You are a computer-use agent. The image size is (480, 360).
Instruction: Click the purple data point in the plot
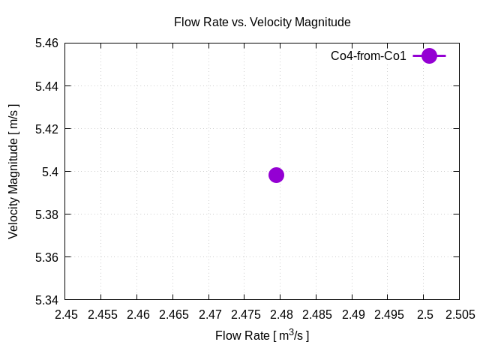pos(276,175)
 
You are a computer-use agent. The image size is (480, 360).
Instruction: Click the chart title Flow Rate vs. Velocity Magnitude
pos(262,22)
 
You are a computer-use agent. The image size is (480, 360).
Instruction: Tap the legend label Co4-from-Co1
pos(368,56)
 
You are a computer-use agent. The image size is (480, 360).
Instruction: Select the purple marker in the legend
pos(429,55)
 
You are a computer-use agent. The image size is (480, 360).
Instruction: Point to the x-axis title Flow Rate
pos(262,335)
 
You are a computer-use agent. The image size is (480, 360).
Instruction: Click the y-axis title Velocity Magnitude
pos(13,172)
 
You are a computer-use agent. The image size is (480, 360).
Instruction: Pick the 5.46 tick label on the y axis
pos(47,43)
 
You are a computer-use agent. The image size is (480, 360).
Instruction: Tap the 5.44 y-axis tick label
pos(47,86)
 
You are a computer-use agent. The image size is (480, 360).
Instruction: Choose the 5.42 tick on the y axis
pos(47,129)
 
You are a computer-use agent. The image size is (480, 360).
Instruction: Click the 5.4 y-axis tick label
pos(51,172)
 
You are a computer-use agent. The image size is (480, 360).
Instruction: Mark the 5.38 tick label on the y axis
pos(47,214)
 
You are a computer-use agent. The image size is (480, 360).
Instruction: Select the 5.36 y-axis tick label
pos(47,257)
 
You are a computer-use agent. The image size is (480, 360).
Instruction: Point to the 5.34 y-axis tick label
pos(47,300)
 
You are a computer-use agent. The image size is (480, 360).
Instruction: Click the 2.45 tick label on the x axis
pos(65,315)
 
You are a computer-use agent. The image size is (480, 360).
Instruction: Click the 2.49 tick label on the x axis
pos(352,315)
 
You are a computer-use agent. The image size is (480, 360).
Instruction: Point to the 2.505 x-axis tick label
pos(459,315)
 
